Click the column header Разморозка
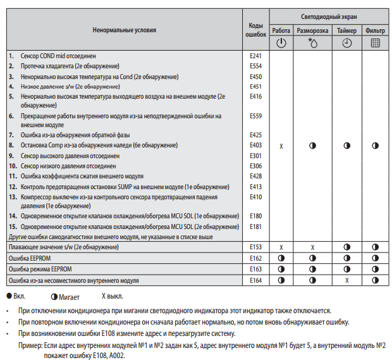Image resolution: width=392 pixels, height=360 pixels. tap(312, 30)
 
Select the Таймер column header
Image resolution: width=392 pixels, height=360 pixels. tap(346, 30)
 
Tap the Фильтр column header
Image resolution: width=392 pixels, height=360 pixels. tap(375, 30)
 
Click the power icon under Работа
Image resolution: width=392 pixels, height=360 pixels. tap(281, 43)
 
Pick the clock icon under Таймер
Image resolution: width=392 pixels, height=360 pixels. tap(346, 43)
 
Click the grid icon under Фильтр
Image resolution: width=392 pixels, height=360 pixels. tap(375, 43)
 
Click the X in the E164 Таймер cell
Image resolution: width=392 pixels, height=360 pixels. tap(346, 280)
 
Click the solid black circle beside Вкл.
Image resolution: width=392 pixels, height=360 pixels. tap(9, 295)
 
